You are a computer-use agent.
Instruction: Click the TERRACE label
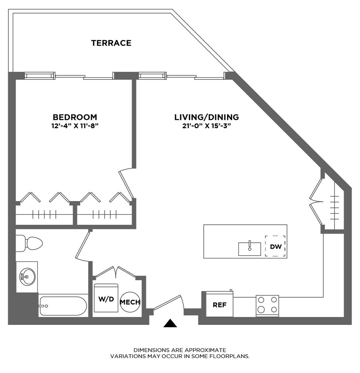coord(111,43)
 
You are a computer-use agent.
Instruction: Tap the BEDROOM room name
coord(75,117)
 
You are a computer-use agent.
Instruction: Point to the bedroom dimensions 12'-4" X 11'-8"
coord(75,127)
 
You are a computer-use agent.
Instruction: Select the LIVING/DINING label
coord(206,117)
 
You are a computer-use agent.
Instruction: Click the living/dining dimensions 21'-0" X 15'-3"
coord(206,127)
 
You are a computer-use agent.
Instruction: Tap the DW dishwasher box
coord(275,247)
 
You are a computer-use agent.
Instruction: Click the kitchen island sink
coord(249,249)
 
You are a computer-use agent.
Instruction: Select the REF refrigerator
coord(220,305)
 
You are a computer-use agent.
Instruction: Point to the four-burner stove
coord(267,306)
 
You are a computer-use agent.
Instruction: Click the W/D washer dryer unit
coord(106,298)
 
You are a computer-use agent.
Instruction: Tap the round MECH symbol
coord(130,302)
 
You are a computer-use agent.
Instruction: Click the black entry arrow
coord(170,323)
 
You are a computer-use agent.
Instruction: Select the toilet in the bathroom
coord(30,243)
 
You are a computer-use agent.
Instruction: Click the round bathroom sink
coord(27,277)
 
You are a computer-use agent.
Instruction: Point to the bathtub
coord(63,306)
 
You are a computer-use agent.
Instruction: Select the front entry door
coord(168,303)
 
